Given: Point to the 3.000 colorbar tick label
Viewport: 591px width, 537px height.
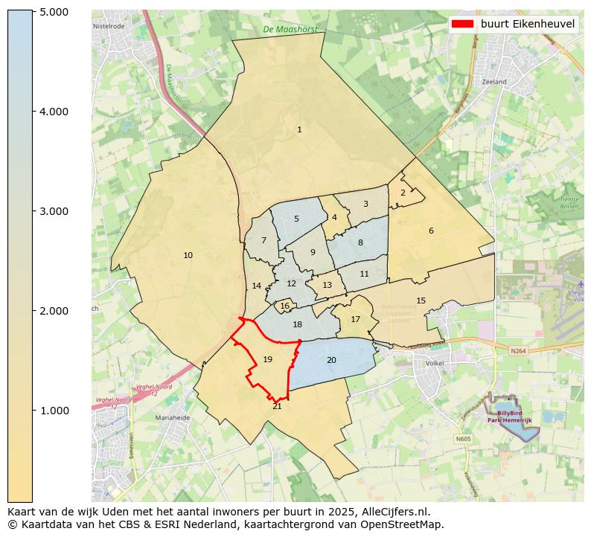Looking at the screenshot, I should [x=53, y=211].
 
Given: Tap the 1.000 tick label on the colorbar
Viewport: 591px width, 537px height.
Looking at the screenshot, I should [x=53, y=411].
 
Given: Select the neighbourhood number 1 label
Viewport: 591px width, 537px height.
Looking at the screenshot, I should [x=299, y=130].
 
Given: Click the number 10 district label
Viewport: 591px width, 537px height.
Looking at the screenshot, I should [x=188, y=256].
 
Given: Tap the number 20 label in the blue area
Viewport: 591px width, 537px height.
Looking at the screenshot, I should [x=331, y=361].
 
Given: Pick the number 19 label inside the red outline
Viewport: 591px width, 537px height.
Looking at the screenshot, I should [x=267, y=360].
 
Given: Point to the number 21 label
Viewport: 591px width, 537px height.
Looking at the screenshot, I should [x=277, y=406].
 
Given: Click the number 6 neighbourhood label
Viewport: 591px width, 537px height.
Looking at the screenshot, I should [x=431, y=231].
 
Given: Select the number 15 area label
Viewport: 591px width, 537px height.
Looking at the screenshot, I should [x=421, y=301].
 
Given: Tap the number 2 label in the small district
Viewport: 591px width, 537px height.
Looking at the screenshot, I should [x=403, y=193].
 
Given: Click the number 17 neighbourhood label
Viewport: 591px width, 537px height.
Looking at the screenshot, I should [x=355, y=320].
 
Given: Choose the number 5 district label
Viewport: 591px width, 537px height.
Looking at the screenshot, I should [x=296, y=219].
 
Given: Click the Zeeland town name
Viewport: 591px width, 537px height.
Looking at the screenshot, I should [x=493, y=82].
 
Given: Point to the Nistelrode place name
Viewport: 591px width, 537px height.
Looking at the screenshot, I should [x=109, y=26].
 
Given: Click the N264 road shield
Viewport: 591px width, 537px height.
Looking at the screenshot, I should [x=518, y=350].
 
